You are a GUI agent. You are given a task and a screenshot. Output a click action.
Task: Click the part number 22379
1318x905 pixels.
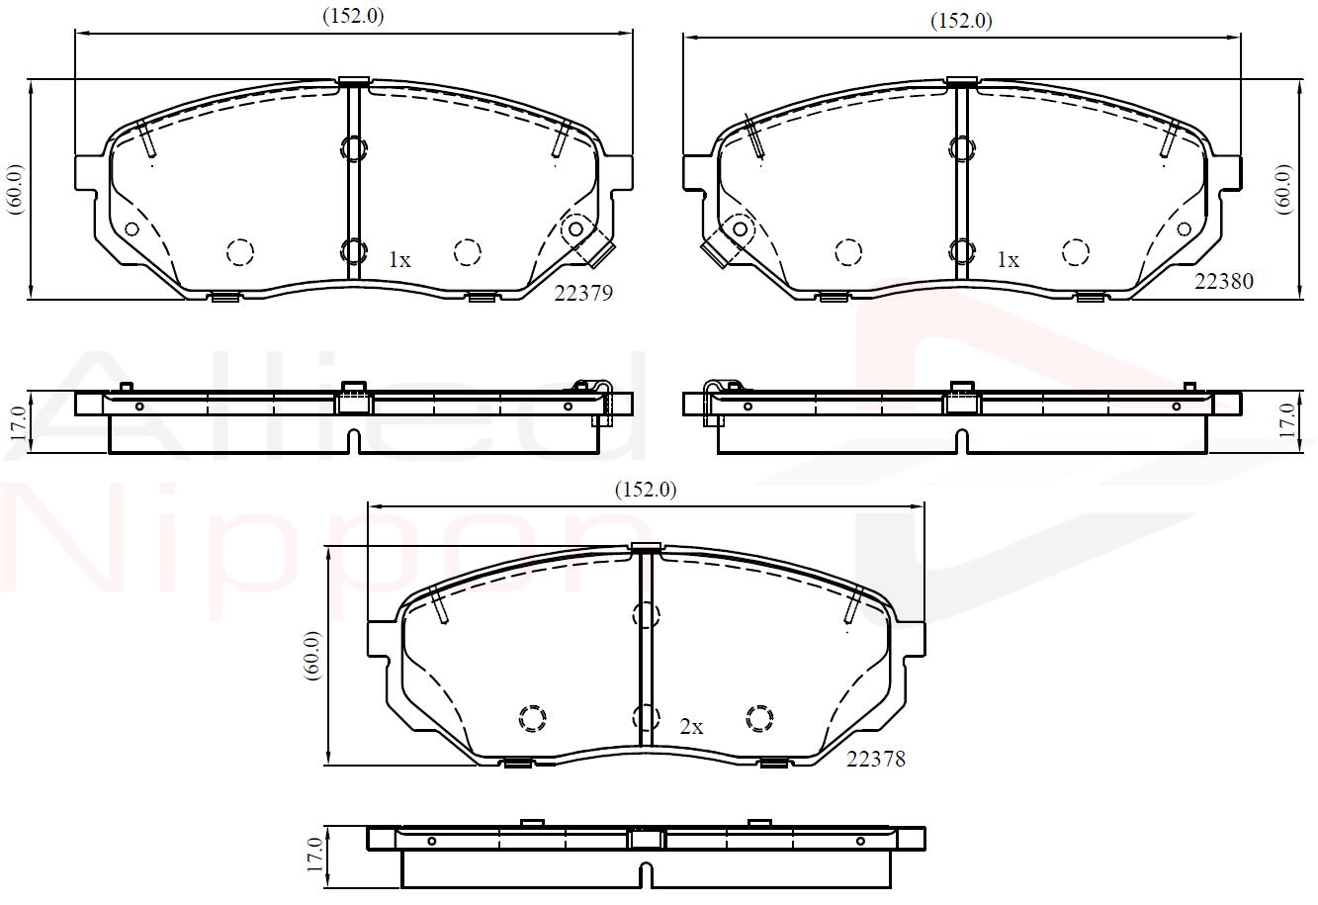click(x=583, y=293)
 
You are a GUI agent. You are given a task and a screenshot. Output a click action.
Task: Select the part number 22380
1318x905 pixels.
click(x=1223, y=281)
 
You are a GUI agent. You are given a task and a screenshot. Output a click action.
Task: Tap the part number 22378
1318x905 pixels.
click(x=875, y=759)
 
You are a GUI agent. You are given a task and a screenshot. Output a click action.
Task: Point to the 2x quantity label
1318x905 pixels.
click(x=691, y=727)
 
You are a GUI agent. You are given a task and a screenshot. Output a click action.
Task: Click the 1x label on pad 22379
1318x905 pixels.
click(x=399, y=259)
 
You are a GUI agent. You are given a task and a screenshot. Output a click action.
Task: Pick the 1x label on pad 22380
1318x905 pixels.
click(x=1008, y=259)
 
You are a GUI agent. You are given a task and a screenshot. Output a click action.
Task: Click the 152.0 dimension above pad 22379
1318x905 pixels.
click(x=353, y=16)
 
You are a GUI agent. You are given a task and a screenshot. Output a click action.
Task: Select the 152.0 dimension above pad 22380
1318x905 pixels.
click(x=961, y=21)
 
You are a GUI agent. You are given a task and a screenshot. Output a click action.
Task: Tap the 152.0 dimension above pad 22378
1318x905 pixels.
click(x=646, y=489)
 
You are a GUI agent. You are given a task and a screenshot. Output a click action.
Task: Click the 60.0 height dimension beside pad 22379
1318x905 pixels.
click(x=15, y=189)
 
